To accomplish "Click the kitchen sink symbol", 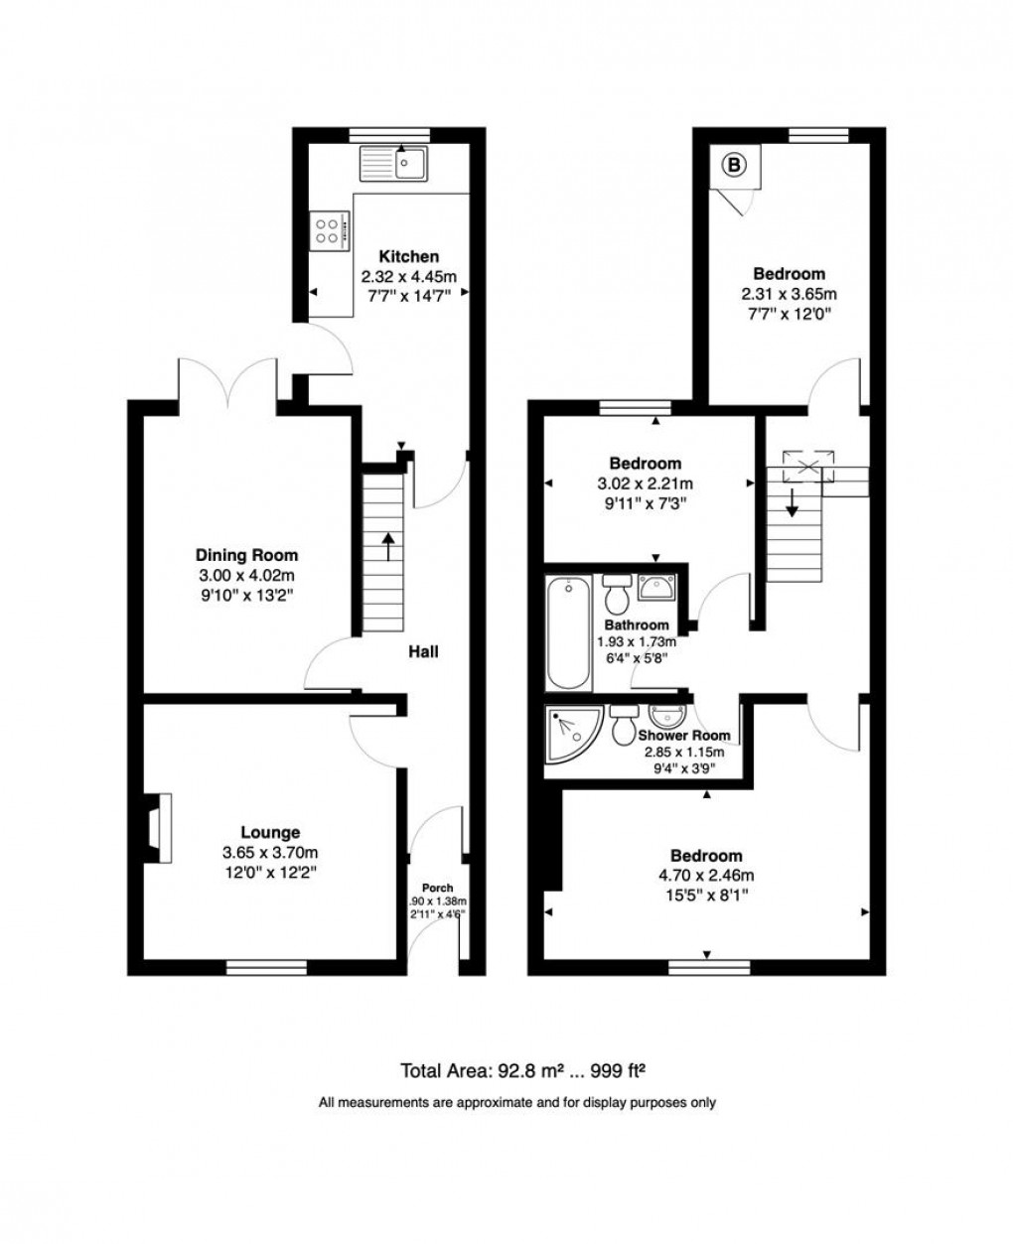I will point(394,163).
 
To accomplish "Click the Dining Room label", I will point(246,556).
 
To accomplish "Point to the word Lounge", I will point(270,833).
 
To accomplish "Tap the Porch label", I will point(437,888).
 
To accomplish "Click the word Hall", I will point(423,652).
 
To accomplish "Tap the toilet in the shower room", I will point(625,726).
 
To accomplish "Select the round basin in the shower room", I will point(663,716).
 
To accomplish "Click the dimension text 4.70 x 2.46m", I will point(705,876).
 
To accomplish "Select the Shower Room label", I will point(684,736).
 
